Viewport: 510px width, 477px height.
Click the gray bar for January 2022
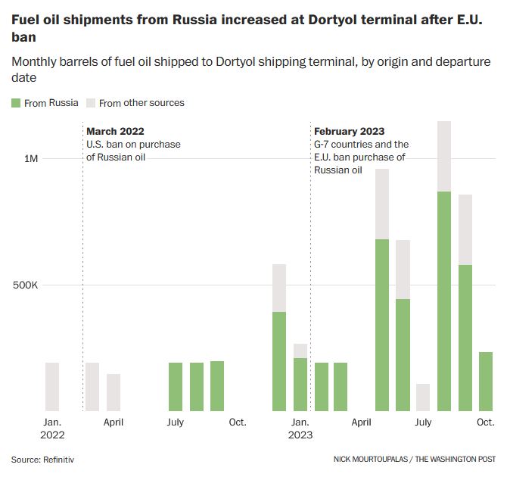[x=52, y=386]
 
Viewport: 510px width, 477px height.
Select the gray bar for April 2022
[x=114, y=392]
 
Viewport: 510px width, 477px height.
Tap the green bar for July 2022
[x=176, y=386]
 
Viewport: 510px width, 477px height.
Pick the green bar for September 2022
[x=217, y=385]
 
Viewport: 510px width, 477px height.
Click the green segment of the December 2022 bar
[x=279, y=361]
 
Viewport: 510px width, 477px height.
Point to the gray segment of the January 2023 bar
[x=300, y=351]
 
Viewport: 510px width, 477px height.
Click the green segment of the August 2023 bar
[x=444, y=301]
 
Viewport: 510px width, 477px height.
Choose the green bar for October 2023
[x=486, y=381]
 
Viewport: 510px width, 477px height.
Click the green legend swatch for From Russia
[x=16, y=102]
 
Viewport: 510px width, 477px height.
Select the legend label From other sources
[x=141, y=102]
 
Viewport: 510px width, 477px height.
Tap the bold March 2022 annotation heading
[x=115, y=131]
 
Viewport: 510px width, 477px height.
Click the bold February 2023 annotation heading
[x=350, y=131]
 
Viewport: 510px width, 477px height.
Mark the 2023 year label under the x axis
[x=300, y=435]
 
